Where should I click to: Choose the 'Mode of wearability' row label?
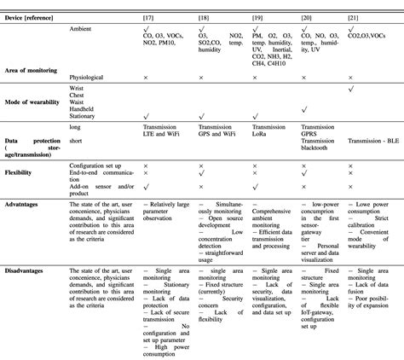pyautogui.click(x=34, y=101)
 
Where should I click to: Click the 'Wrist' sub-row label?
pyautogui.click(x=78, y=88)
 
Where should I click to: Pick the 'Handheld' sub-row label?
pyautogui.click(x=84, y=107)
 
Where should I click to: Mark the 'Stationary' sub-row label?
pyautogui.click(x=84, y=114)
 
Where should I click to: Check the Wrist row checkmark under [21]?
pyautogui.click(x=351, y=88)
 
